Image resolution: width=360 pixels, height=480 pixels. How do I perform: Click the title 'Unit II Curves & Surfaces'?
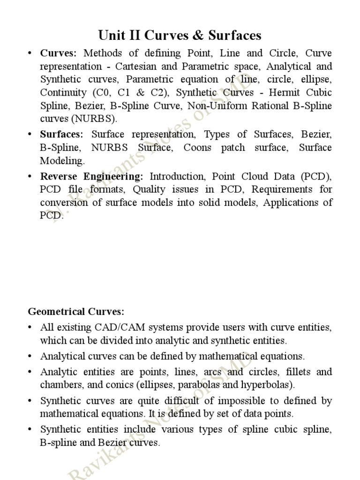click(x=180, y=35)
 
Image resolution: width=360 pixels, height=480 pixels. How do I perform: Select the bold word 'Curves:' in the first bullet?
click(x=58, y=53)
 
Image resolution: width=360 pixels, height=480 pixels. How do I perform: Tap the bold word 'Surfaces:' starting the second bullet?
click(x=61, y=135)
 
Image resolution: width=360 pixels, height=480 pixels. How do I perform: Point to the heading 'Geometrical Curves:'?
click(x=76, y=312)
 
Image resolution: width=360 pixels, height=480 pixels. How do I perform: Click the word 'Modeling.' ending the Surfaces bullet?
click(x=63, y=161)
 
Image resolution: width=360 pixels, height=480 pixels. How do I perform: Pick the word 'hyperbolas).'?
click(x=269, y=385)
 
